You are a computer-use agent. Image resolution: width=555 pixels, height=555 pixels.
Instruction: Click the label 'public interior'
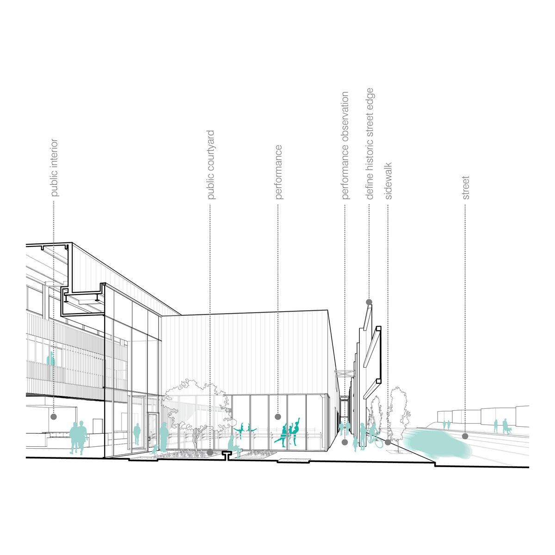55,167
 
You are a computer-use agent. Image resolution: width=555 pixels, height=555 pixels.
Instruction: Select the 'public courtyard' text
211,165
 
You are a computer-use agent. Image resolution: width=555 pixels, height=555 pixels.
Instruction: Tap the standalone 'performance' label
278,172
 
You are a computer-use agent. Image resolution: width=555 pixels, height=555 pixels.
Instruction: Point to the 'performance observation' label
345,145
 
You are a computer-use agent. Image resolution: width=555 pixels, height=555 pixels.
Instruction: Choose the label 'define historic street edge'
370,143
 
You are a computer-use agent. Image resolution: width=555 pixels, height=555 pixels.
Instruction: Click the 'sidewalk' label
388,180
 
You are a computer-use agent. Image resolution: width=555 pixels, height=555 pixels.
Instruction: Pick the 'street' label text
466,187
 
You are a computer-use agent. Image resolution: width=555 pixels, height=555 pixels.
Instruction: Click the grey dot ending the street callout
465,436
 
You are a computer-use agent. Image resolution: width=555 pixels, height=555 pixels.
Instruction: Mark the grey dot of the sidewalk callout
388,442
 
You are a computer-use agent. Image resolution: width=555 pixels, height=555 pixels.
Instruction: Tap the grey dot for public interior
54,417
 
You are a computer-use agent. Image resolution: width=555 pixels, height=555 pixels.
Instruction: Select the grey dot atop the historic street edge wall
369,302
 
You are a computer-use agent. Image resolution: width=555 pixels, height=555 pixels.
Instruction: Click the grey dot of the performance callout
278,417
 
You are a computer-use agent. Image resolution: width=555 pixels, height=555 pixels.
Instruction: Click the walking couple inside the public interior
78,437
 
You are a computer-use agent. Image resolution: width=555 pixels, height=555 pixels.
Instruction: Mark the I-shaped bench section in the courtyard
226,456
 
